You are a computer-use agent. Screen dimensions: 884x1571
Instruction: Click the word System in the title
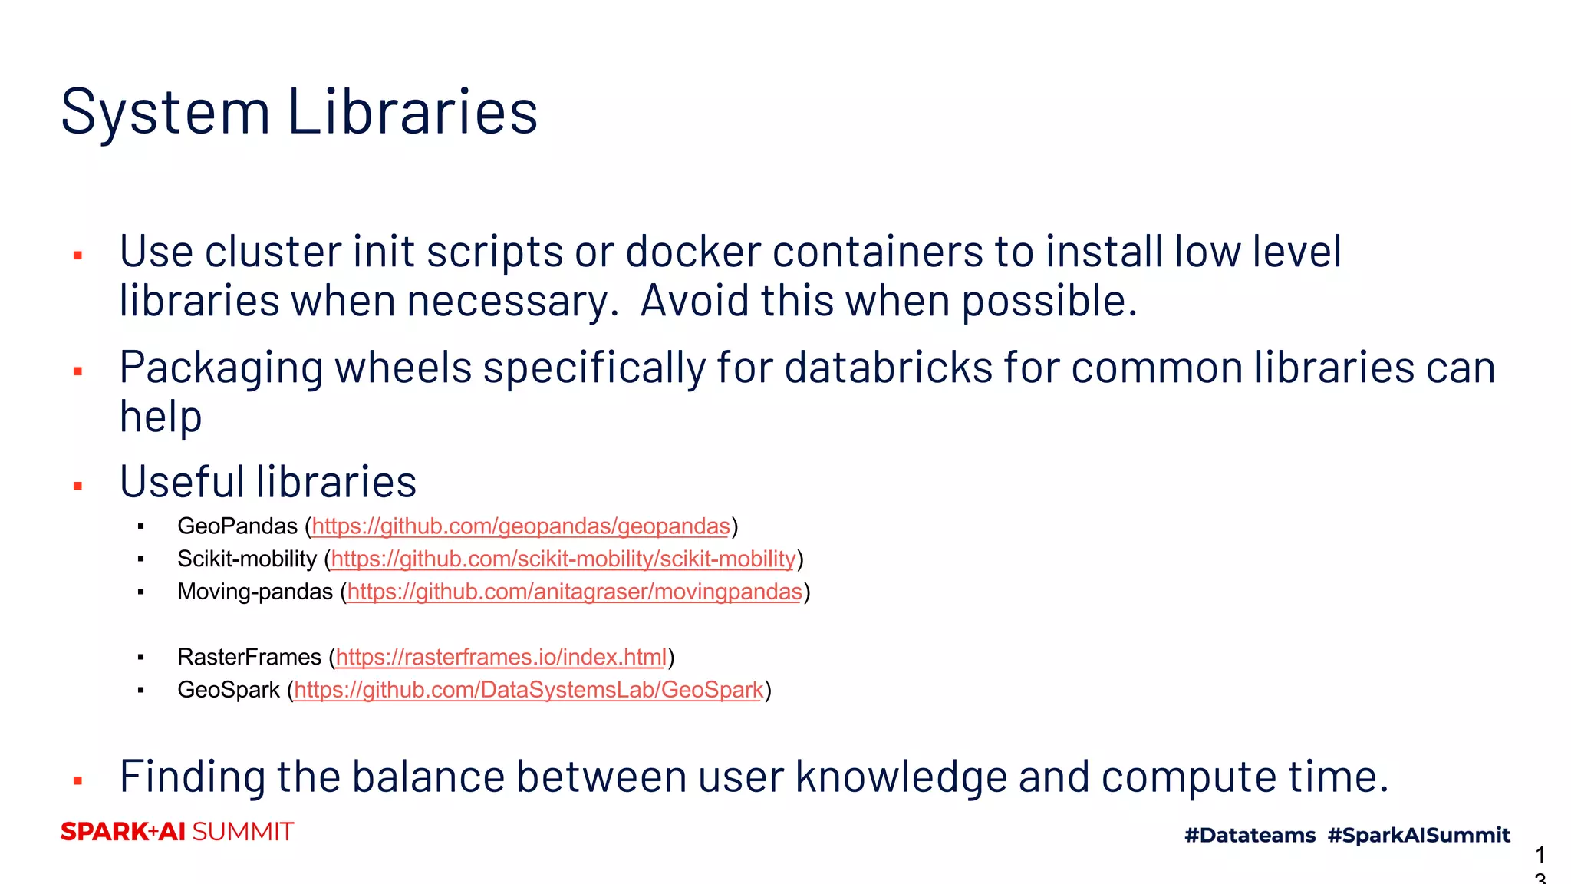(x=165, y=113)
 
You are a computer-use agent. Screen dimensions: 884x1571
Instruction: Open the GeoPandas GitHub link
(x=521, y=526)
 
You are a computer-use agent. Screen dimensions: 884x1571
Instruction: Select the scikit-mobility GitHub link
(x=563, y=559)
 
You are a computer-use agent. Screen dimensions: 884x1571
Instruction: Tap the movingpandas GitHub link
(x=575, y=592)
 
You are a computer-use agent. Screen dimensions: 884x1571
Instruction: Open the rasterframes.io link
(x=501, y=658)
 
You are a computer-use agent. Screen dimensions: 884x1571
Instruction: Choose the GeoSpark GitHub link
(x=529, y=691)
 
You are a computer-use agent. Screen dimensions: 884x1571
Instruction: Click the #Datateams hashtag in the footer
(x=1250, y=835)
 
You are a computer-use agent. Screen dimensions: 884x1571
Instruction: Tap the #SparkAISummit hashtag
(x=1418, y=835)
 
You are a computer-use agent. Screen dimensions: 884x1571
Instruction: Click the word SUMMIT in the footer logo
(x=242, y=832)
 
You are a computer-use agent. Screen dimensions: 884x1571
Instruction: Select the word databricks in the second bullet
(x=888, y=368)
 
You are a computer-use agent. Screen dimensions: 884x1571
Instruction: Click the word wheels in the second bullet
(x=403, y=368)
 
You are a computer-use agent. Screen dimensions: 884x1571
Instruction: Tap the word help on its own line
(x=160, y=417)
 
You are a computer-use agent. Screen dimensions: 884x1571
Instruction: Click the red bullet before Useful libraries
(x=77, y=486)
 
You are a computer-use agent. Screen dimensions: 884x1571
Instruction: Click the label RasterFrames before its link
(x=249, y=658)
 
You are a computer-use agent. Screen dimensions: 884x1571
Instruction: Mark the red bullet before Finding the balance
(x=77, y=781)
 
